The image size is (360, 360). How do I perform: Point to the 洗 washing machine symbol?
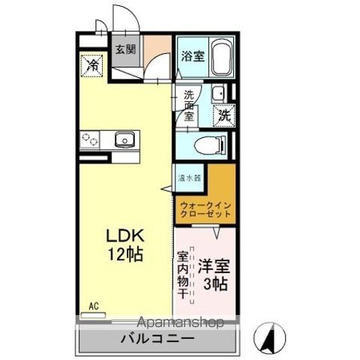coord(224,115)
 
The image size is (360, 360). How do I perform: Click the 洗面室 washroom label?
coord(190,107)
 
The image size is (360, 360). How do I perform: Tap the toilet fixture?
coord(208,145)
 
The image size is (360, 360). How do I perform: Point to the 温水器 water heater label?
coord(189,178)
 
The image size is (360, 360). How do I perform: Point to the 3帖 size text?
coord(217,284)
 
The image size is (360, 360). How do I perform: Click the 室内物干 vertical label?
coord(183,276)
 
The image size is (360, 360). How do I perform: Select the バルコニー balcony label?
coord(158,339)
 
